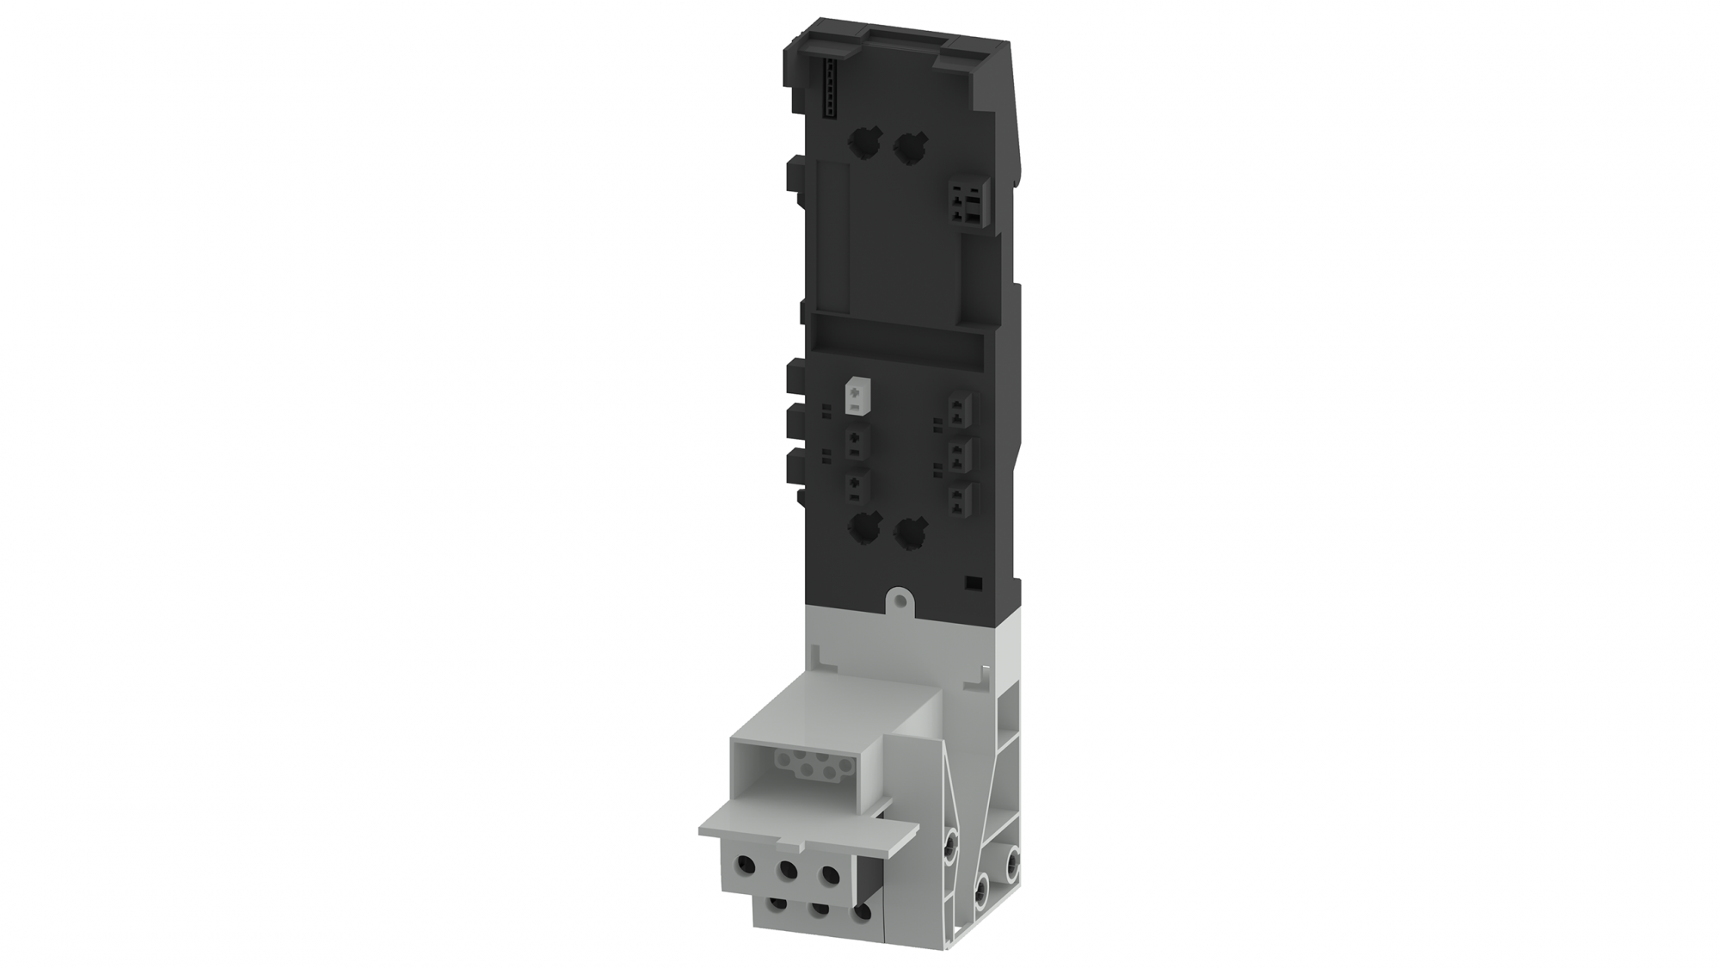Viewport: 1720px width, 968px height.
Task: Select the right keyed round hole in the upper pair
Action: pyautogui.click(x=906, y=148)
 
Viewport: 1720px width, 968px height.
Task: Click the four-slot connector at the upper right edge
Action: pyautogui.click(x=965, y=204)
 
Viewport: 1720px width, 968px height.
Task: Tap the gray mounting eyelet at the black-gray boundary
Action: pyautogui.click(x=899, y=597)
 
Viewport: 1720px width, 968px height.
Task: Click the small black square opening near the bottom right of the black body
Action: pyautogui.click(x=973, y=583)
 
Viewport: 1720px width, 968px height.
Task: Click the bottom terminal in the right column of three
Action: pyautogui.click(x=960, y=500)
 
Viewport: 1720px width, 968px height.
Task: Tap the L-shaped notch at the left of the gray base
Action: pyautogui.click(x=826, y=658)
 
